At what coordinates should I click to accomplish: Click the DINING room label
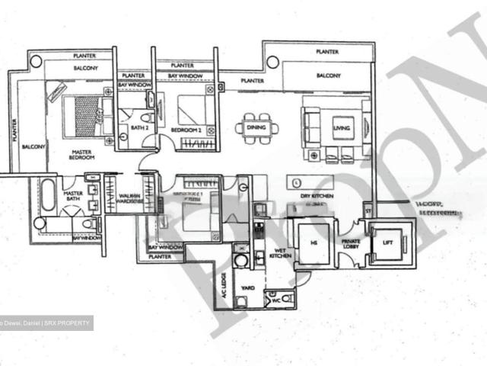[x=256, y=128]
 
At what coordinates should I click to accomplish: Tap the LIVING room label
[x=342, y=128]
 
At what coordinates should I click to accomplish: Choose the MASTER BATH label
[x=73, y=196]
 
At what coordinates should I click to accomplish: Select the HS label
[x=313, y=242]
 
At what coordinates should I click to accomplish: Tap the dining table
[x=256, y=127]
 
